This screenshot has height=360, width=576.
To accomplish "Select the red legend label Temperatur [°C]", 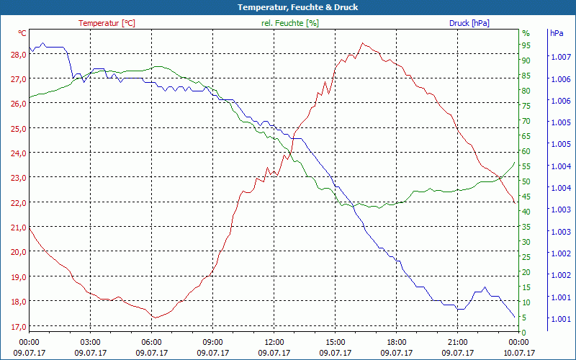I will pos(107,23).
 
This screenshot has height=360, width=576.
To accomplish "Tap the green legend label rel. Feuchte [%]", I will pos(289,23).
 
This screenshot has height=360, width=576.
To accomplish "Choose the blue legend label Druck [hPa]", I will pos(469,23).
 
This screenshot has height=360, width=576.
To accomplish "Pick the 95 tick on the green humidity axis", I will pos(526,45).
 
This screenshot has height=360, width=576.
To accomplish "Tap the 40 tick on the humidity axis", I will pos(526,211).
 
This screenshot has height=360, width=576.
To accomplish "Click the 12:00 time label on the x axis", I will pos(274,342).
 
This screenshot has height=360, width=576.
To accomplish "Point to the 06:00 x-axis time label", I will pos(152,342).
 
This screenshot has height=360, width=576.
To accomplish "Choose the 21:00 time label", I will pos(458,342).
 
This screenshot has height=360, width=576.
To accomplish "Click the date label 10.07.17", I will pos(519,353).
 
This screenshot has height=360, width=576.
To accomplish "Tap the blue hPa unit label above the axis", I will pos(557,33).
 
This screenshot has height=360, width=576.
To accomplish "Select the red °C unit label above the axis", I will pos(22,33).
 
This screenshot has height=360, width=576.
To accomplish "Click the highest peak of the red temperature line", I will pos(362,43).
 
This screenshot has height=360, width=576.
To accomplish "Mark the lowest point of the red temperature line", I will pos(153,318).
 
